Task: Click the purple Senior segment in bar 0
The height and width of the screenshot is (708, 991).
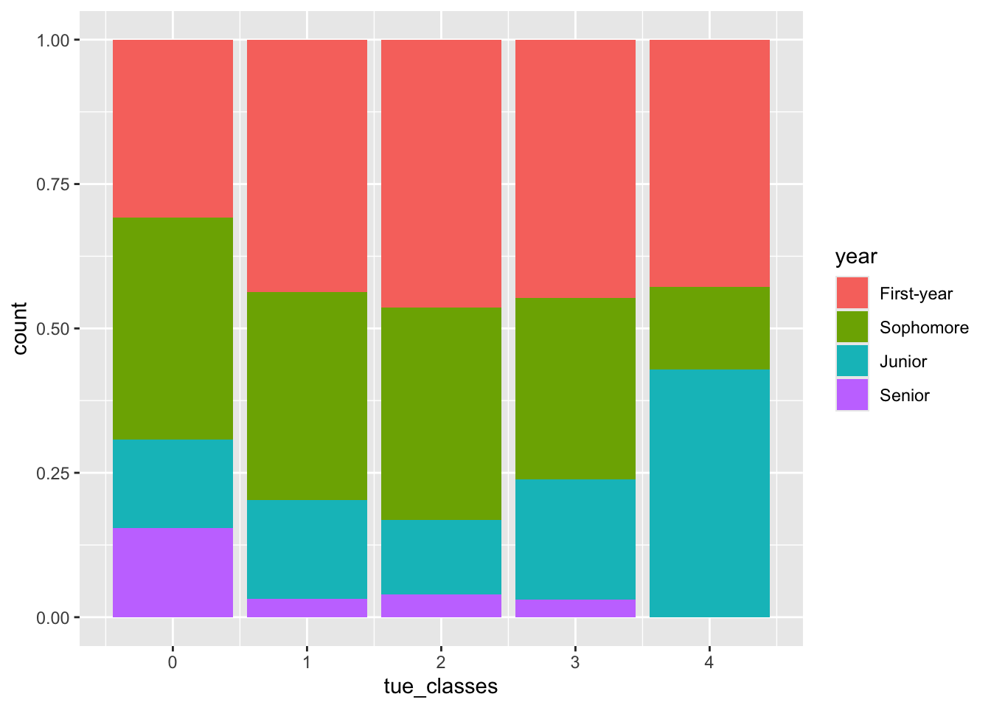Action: tap(173, 572)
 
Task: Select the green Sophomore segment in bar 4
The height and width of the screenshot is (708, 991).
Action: tap(709, 328)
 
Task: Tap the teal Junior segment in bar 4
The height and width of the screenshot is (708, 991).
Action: tap(709, 493)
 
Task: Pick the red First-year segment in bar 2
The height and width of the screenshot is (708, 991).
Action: tap(441, 173)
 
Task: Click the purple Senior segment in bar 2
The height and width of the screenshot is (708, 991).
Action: tap(441, 605)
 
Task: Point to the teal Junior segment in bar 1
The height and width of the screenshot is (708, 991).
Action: tap(307, 549)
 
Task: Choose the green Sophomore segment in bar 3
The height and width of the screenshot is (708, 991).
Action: tap(575, 388)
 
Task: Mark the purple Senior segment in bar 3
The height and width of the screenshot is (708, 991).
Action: tap(575, 608)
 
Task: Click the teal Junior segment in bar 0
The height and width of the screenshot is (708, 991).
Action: tap(173, 483)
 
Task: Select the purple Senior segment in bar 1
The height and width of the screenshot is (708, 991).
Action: tap(307, 608)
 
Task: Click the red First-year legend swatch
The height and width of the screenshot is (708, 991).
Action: tap(852, 294)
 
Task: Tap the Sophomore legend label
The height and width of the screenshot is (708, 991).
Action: tap(924, 327)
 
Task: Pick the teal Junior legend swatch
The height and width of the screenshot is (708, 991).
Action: tap(852, 361)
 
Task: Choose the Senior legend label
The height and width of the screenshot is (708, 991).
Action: tap(904, 395)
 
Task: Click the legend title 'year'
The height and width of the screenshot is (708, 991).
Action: tap(856, 257)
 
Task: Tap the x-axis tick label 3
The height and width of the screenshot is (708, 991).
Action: tap(575, 662)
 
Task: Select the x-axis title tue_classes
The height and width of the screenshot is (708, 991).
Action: tap(441, 687)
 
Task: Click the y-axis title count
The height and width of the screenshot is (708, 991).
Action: tap(20, 328)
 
